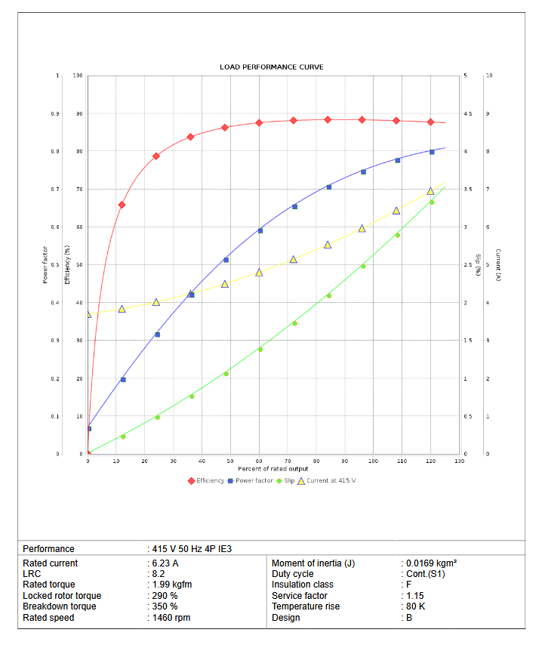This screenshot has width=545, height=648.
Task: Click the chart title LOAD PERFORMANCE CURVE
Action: click(272, 67)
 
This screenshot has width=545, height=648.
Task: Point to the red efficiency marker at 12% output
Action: click(122, 205)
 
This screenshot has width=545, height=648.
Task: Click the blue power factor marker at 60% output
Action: click(260, 230)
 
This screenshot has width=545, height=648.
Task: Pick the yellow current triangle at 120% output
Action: click(430, 191)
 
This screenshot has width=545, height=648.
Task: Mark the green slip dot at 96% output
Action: click(363, 266)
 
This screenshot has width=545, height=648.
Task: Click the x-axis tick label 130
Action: click(459, 461)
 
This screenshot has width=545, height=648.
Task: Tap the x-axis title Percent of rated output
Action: click(272, 469)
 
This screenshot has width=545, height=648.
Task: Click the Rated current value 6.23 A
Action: click(165, 563)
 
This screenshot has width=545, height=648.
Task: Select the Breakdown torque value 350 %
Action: click(164, 606)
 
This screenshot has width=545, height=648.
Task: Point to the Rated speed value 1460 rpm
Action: click(171, 618)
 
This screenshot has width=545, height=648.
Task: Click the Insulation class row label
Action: click(302, 585)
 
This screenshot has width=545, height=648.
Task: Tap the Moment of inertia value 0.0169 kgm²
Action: click(431, 563)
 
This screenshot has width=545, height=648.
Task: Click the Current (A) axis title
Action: click(497, 265)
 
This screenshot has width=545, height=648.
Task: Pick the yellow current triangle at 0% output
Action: click(88, 314)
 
